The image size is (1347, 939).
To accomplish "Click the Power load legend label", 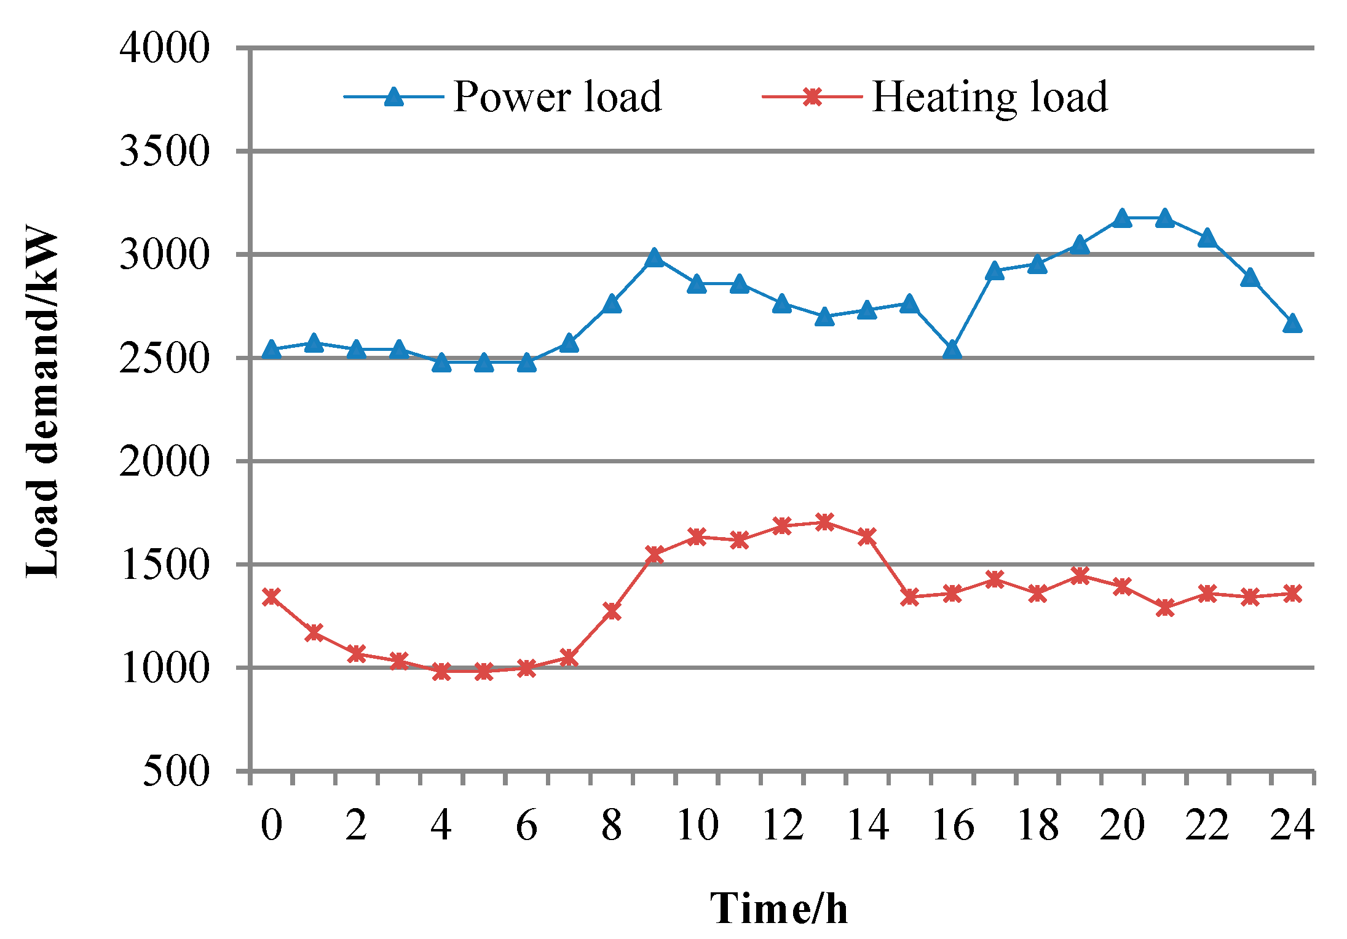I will (x=557, y=97).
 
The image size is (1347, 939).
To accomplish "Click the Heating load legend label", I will (x=989, y=97).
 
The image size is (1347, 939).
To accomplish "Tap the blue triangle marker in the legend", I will (x=394, y=96).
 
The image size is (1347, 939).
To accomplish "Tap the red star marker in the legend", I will (x=812, y=96).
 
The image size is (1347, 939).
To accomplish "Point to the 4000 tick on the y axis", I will (x=164, y=48).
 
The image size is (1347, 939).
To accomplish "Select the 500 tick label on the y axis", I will (x=176, y=771).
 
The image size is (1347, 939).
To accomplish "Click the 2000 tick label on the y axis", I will (x=164, y=461).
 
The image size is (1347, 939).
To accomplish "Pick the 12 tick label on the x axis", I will (x=782, y=825).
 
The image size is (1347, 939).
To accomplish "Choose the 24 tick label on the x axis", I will (x=1292, y=825).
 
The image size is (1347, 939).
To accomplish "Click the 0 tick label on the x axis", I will (x=271, y=825).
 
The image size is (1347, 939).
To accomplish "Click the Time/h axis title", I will (x=779, y=908).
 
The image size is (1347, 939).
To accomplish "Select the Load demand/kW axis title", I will (x=42, y=403).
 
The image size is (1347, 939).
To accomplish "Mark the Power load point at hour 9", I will (x=654, y=257).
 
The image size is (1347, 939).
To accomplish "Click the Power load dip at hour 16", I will (x=952, y=350).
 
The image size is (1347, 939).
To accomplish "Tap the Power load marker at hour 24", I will (x=1292, y=323).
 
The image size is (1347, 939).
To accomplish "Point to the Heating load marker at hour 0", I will (x=271, y=597).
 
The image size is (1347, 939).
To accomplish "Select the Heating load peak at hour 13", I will (x=824, y=522).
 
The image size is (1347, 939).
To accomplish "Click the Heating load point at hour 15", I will (x=910, y=597).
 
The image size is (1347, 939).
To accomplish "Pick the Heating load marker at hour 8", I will (x=612, y=611).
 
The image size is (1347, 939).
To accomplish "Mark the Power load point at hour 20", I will (x=1122, y=218).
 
